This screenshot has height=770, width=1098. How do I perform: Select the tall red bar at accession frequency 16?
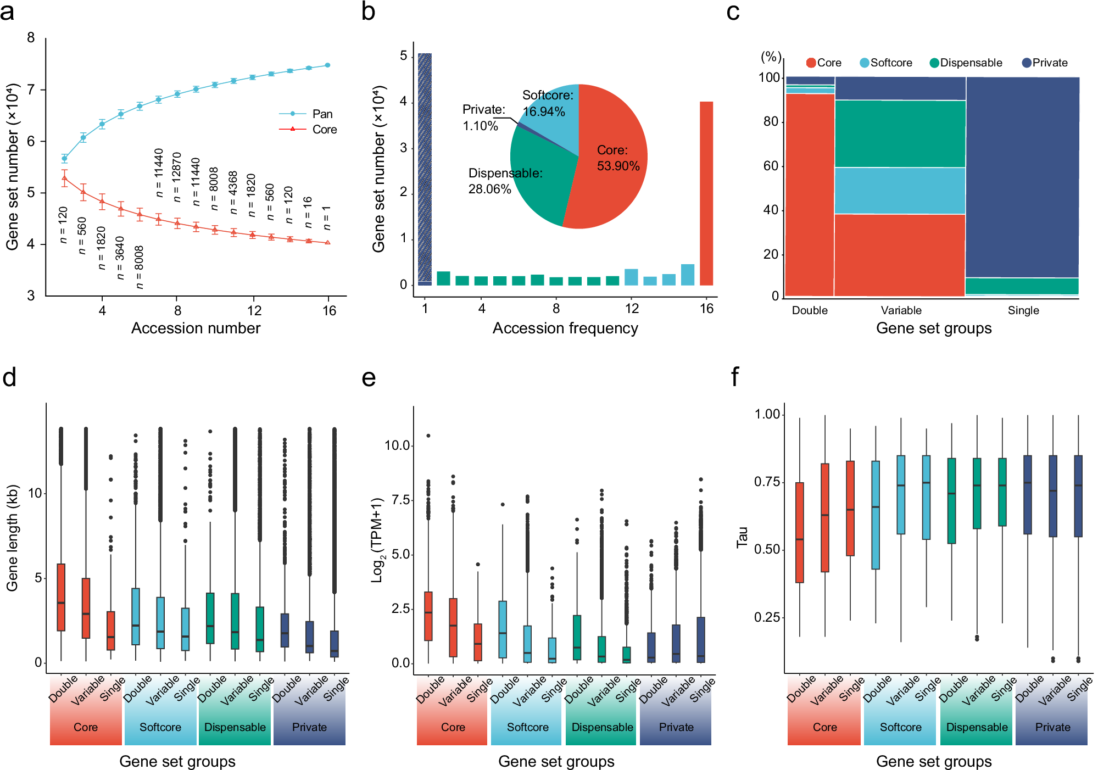tap(706, 192)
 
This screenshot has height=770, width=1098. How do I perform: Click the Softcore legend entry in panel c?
tap(885, 63)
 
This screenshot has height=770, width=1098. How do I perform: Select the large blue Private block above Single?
tap(1022, 176)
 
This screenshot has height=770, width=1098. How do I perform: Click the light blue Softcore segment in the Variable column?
tap(900, 190)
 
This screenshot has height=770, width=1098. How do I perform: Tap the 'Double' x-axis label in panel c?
tap(810, 310)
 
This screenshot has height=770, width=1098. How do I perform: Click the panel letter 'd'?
tap(9, 378)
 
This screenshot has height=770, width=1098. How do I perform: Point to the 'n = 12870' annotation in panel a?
tap(176, 177)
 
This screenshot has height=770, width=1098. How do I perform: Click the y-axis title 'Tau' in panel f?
tap(742, 537)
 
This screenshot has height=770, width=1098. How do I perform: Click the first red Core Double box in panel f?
tap(799, 532)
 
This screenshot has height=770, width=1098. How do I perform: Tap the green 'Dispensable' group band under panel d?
tap(235, 727)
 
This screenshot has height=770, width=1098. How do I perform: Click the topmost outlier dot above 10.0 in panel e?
tap(428, 436)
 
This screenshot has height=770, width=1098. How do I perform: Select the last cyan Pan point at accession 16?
tap(328, 65)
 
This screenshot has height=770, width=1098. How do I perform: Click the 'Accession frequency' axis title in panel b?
tap(565, 328)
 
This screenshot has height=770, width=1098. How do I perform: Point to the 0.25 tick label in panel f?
tap(767, 617)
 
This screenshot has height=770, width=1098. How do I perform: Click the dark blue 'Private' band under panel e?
tap(676, 727)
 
